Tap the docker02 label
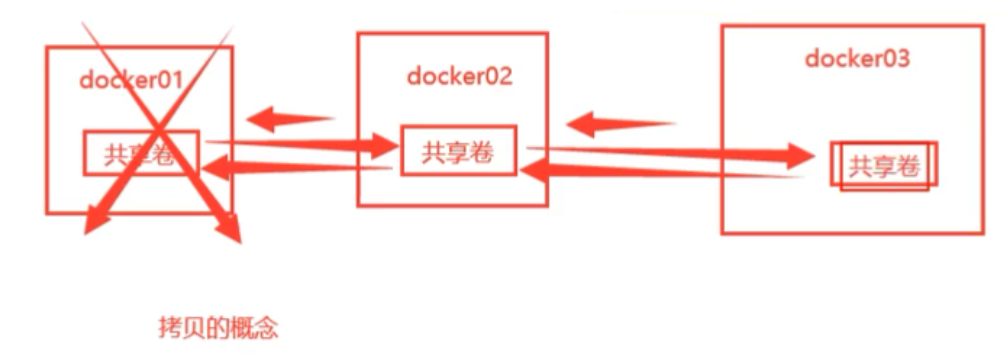(x=459, y=76)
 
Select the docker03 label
(x=857, y=58)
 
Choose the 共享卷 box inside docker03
(x=884, y=166)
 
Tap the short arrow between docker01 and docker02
(x=289, y=120)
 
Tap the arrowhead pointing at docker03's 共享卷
(x=804, y=155)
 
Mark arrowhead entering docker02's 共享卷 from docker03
(x=533, y=172)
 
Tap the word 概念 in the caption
(x=254, y=328)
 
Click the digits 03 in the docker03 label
(x=894, y=58)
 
